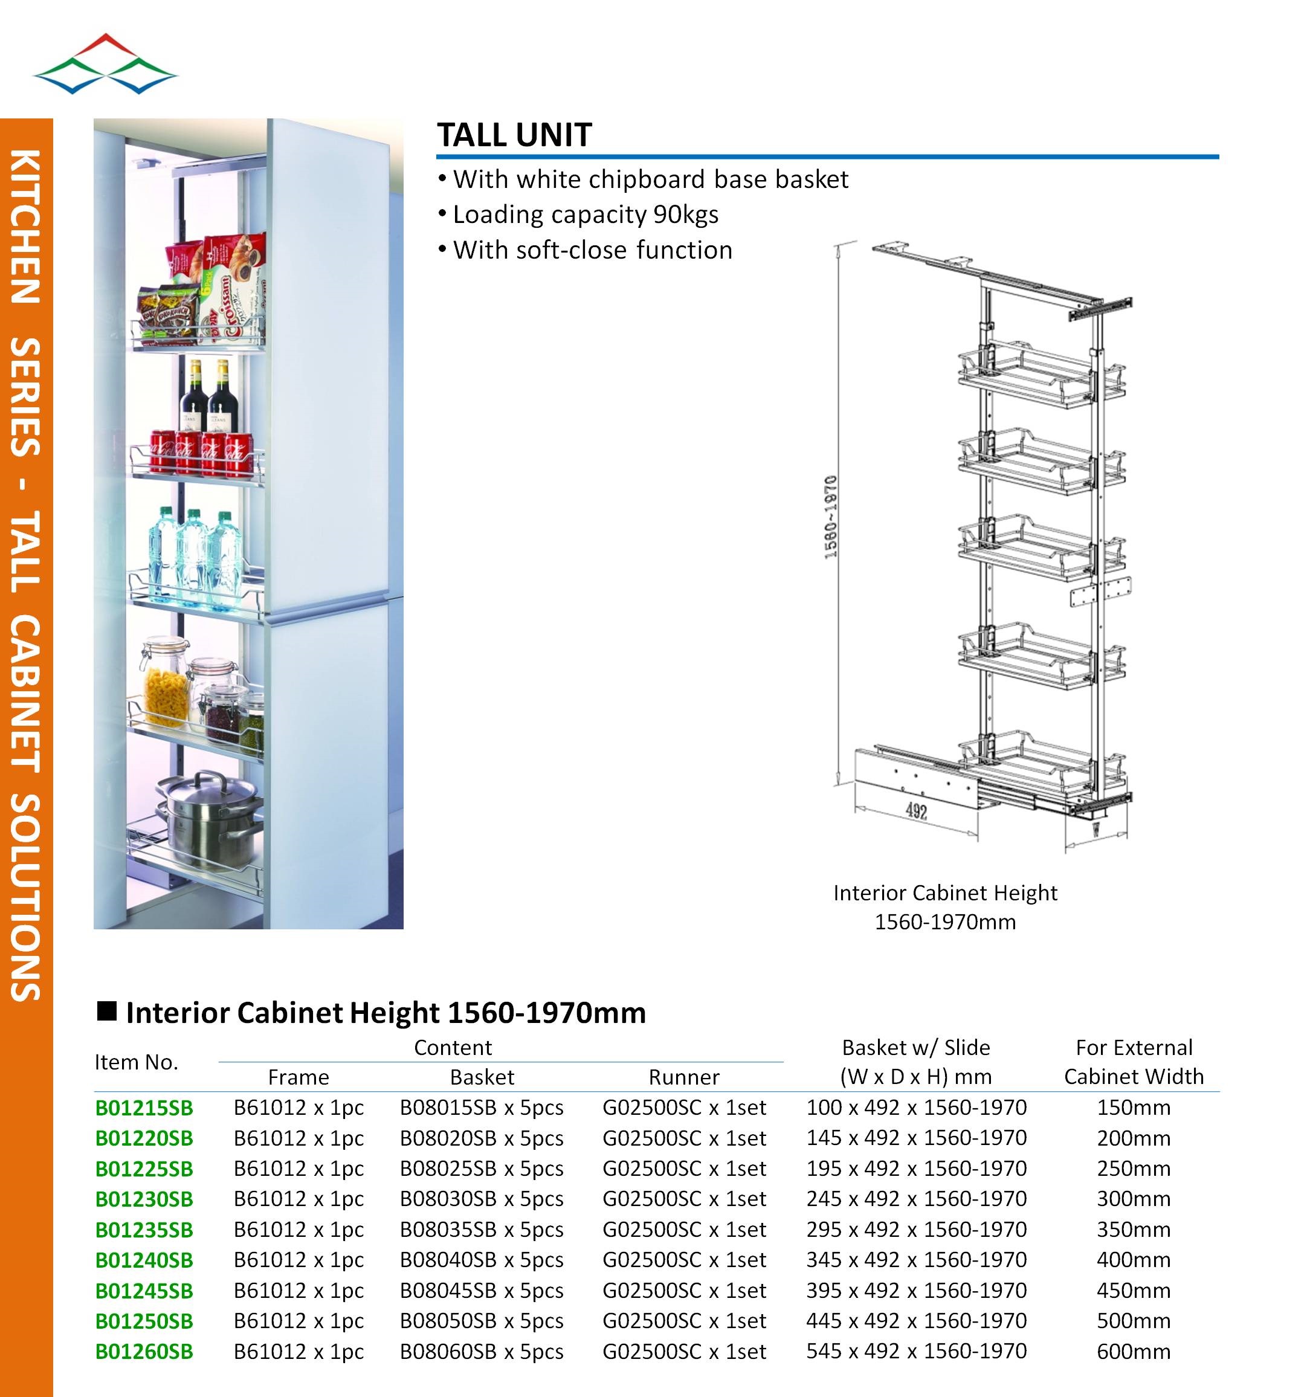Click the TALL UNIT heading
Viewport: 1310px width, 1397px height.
(514, 135)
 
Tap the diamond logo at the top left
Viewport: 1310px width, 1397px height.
(105, 64)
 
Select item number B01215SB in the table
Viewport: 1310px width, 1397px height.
(144, 1108)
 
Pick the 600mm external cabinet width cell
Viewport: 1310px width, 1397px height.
(1133, 1351)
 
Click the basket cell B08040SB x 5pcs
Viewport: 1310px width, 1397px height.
(482, 1260)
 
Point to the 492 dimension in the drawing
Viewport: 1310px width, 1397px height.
(916, 811)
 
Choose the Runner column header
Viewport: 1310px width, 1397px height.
(683, 1077)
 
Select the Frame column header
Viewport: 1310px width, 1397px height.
(298, 1077)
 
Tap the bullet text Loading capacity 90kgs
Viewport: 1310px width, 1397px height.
(585, 215)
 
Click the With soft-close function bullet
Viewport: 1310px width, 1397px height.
(592, 250)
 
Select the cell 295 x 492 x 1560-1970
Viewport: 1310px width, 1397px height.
(916, 1230)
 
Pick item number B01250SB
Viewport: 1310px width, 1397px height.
(144, 1321)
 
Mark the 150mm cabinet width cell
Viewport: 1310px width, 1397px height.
(1133, 1108)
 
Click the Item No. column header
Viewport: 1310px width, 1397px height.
(137, 1062)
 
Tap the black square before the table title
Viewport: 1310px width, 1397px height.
(107, 1011)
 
